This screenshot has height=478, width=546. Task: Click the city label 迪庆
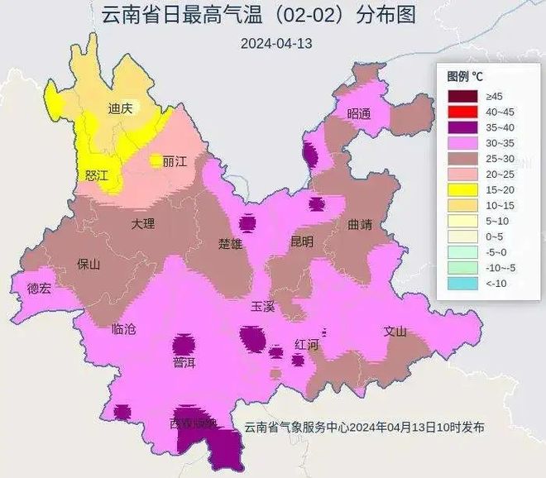click(121, 108)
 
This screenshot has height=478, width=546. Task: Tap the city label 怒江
click(98, 175)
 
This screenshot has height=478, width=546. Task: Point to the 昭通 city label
click(360, 114)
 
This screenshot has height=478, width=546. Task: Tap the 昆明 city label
click(301, 242)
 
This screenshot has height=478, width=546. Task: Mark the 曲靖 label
click(361, 224)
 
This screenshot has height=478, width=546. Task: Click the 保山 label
click(89, 265)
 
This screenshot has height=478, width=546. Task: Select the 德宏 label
click(39, 289)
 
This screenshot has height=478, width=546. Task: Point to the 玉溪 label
click(263, 306)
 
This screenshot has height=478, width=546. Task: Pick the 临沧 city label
click(123, 328)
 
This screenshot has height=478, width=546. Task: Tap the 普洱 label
click(184, 362)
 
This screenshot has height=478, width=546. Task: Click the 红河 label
click(307, 345)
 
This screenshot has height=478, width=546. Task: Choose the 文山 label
click(395, 332)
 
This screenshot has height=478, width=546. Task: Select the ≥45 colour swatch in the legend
click(462, 97)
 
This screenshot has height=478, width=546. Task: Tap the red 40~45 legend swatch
click(462, 112)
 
